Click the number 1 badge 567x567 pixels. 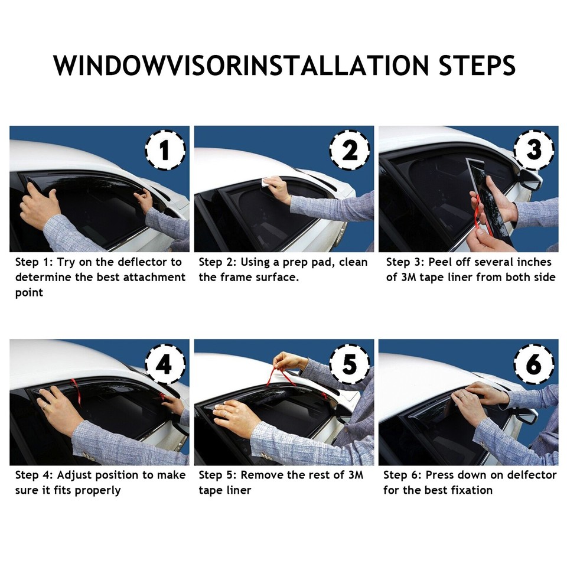[x=165, y=150]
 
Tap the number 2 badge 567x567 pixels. [x=350, y=150]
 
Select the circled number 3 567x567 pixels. [x=534, y=150]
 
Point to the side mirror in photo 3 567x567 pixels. [x=530, y=181]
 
